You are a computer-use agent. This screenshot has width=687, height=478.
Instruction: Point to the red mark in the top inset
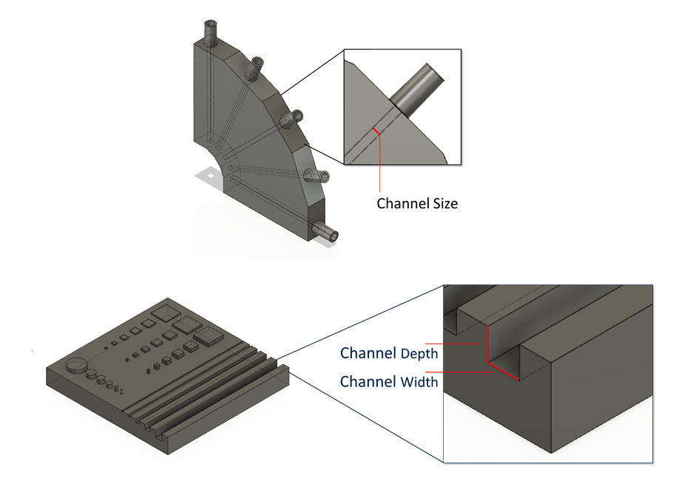(x=376, y=131)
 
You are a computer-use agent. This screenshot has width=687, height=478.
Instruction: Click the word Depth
(x=419, y=354)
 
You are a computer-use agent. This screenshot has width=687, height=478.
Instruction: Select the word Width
(x=419, y=382)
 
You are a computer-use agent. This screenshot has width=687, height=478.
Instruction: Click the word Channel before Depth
(x=368, y=353)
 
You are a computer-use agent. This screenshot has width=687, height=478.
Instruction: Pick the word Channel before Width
(x=368, y=382)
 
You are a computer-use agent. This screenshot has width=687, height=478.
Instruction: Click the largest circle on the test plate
(x=77, y=366)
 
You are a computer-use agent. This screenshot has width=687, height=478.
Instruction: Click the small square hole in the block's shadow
(x=209, y=177)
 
